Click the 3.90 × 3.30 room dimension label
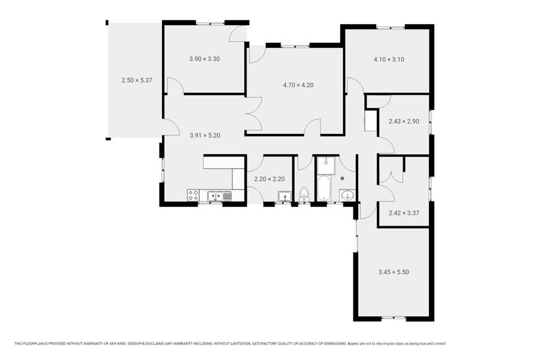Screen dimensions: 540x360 204,59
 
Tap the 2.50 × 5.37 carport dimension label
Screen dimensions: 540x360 137,80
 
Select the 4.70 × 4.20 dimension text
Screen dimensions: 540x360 298,85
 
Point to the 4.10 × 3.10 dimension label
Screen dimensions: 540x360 389,59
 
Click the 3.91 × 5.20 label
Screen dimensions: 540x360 205,136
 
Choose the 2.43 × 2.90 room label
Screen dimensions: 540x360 404,121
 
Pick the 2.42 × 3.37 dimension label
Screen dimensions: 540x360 404,213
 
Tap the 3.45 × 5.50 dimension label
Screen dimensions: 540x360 394,272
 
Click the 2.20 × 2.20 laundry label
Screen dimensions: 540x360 269,179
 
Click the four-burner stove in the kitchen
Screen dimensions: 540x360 193,196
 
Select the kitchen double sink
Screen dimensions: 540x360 219,196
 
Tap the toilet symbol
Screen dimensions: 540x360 304,194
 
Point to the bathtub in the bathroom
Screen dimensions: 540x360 324,188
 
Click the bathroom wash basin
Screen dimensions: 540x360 347,196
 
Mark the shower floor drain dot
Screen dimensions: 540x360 343,178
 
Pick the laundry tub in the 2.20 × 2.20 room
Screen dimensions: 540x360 284,196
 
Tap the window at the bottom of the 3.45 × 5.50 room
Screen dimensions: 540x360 394,319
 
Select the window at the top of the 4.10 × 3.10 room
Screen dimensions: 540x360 390,27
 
